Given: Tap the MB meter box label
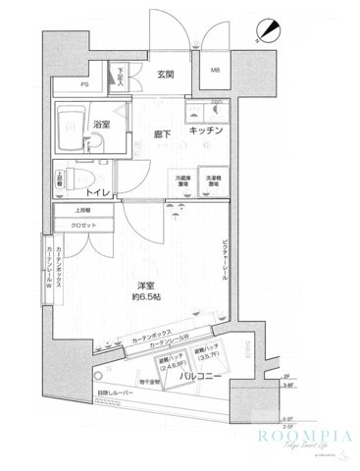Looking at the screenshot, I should point(214,71).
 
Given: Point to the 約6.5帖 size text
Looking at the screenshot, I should point(148,296).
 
